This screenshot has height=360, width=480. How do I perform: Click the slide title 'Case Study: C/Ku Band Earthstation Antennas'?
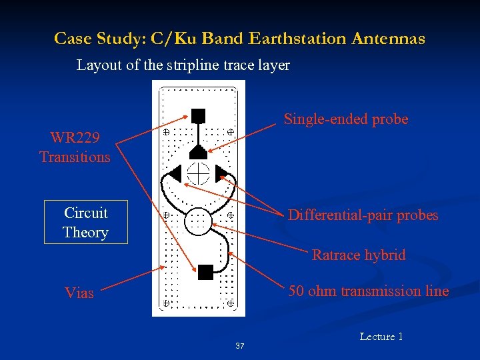239,39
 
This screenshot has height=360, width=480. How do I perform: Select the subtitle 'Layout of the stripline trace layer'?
183,65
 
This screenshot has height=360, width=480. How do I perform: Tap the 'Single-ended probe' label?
345,119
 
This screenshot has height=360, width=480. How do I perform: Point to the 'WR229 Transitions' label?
75,147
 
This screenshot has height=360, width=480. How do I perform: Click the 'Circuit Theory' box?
85,223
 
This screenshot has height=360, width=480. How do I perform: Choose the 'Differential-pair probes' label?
363,215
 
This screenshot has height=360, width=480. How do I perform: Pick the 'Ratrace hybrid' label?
359,255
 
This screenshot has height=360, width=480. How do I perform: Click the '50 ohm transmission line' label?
368,291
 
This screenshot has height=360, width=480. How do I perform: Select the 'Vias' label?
79,293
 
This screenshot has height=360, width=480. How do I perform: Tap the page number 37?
240,346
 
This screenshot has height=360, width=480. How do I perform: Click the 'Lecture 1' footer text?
381,337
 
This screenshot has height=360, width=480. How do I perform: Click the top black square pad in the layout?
198,115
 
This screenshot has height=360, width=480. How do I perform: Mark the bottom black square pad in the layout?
205,271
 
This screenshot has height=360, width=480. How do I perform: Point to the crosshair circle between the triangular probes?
198,173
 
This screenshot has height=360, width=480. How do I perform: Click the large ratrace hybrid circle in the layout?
198,221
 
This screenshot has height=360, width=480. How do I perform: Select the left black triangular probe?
175,173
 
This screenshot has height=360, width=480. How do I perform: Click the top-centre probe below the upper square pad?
198,151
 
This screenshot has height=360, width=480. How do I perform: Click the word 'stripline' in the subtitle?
193,65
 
